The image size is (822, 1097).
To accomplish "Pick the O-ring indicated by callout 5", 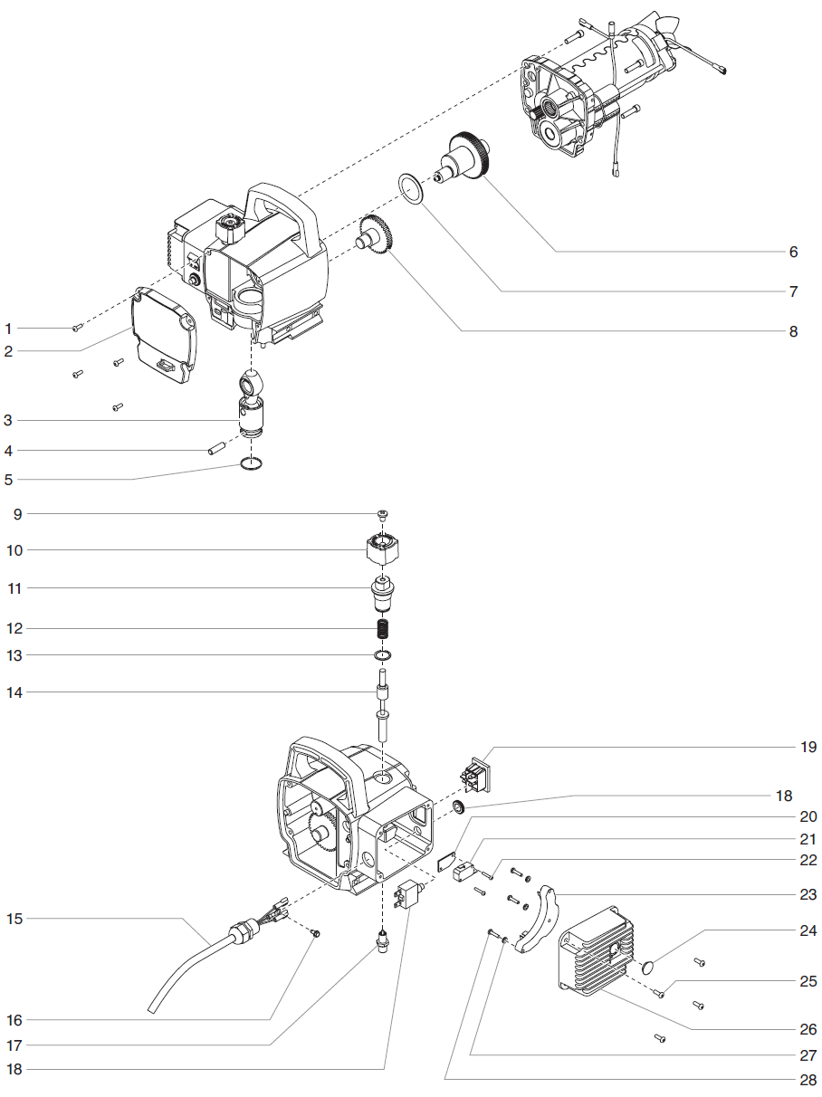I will [253, 464].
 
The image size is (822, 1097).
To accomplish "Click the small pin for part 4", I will [216, 447].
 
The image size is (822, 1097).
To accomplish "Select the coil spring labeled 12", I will [384, 628].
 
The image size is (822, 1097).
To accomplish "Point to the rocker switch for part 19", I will [476, 774].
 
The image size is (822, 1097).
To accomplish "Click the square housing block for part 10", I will [384, 548].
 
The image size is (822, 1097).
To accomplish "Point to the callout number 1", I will [9, 328].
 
